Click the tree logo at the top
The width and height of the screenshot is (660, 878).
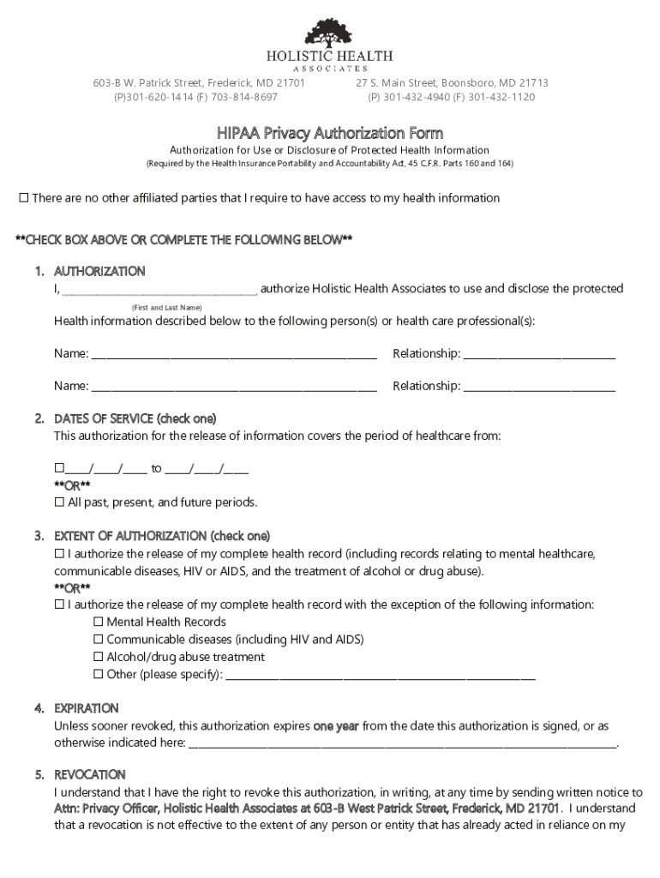(x=329, y=33)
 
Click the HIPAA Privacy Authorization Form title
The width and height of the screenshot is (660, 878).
(x=329, y=133)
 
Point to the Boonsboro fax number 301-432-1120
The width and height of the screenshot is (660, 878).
(x=501, y=97)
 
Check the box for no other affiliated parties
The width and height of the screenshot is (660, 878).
(x=24, y=199)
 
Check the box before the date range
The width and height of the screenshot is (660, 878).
(x=59, y=469)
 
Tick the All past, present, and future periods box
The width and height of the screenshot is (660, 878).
(x=59, y=502)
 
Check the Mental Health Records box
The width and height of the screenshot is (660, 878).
(x=98, y=622)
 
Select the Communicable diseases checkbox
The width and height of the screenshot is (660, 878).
(x=98, y=640)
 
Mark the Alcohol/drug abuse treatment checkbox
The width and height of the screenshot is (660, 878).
(x=98, y=658)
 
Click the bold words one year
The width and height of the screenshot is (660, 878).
(x=336, y=726)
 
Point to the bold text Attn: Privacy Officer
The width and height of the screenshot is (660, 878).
(x=106, y=809)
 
